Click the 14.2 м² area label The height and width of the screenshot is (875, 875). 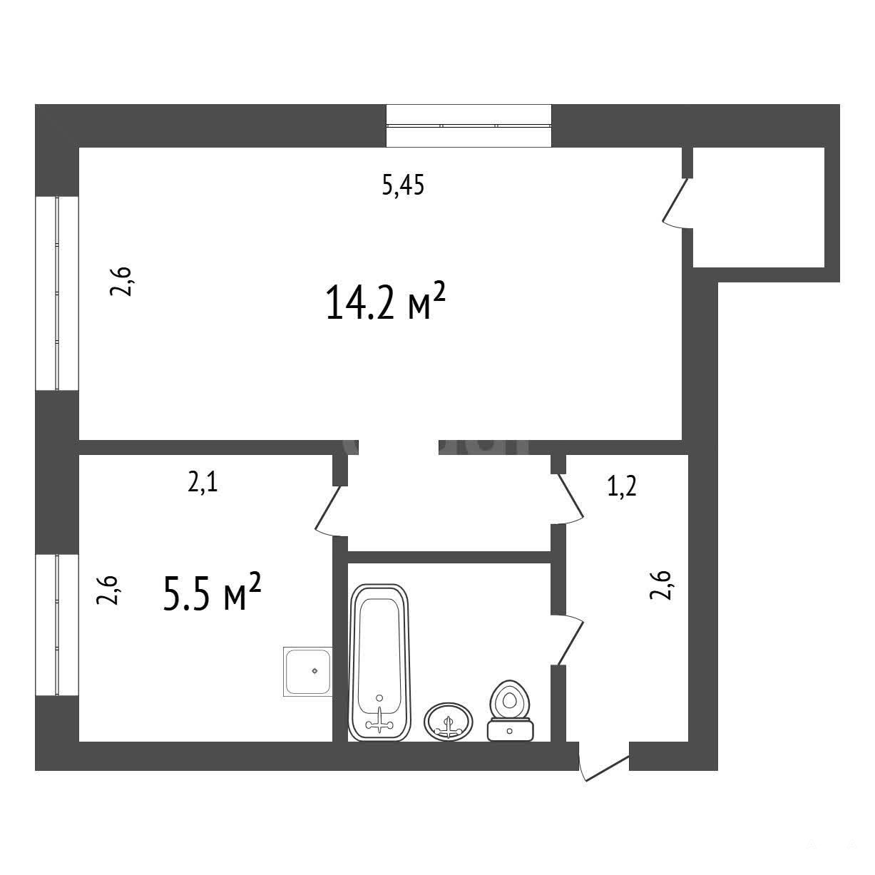(385, 301)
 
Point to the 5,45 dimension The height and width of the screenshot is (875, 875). (403, 185)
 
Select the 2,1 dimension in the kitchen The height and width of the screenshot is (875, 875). (203, 483)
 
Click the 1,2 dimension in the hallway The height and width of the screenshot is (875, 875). (622, 486)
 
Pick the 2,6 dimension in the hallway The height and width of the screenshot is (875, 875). (660, 585)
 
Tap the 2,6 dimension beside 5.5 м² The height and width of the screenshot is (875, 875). (107, 590)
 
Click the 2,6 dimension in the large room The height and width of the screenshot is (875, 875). (121, 282)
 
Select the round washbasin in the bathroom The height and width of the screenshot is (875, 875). (448, 722)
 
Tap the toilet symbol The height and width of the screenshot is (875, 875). (510, 710)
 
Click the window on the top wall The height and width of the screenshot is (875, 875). (469, 126)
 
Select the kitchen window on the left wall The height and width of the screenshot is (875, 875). (57, 625)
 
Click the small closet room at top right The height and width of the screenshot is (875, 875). (758, 207)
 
